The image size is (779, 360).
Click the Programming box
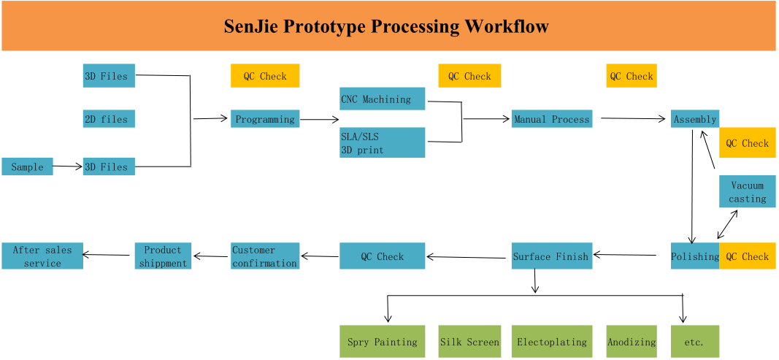(265, 119)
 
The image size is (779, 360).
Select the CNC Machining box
(382, 99)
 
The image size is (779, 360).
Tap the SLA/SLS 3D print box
(382, 142)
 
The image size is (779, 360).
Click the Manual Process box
(552, 118)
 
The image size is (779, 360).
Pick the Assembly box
(694, 118)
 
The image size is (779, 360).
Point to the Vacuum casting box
(747, 191)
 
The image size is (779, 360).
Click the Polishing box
(695, 256)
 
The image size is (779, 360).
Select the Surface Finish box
(552, 256)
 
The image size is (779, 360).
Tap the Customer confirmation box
(265, 256)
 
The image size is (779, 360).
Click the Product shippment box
(163, 256)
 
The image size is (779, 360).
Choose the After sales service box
(42, 256)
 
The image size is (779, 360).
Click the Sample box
(27, 166)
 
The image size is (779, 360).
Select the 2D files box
(109, 119)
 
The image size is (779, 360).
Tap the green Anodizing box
(632, 341)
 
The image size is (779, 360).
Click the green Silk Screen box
(469, 341)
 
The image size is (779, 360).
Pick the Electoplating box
(552, 341)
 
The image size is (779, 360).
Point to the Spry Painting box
(382, 341)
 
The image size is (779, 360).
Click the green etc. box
(694, 341)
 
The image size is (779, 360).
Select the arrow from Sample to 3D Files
(68, 166)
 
